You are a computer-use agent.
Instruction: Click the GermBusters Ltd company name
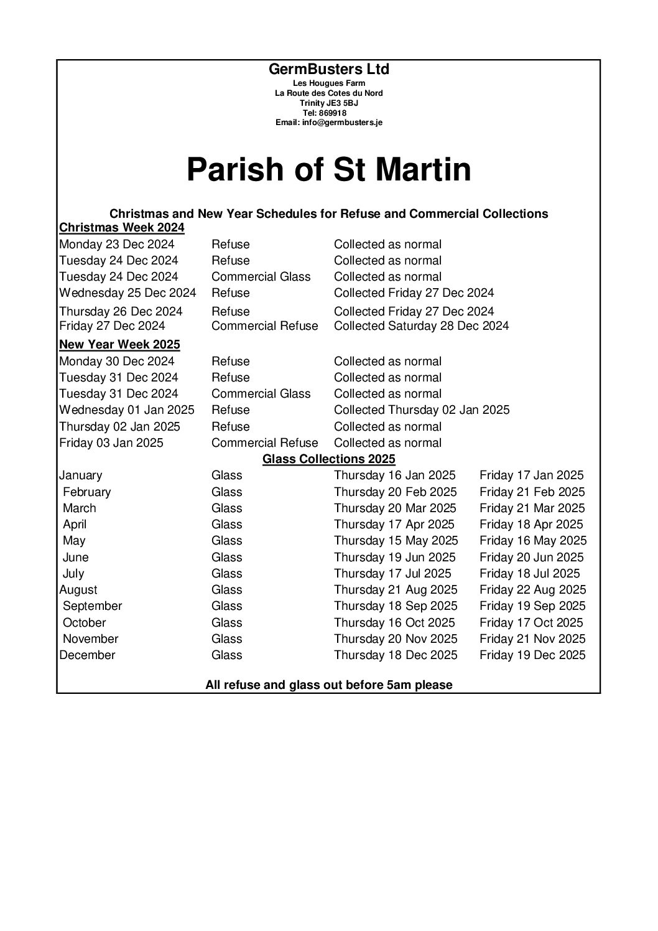tap(328, 69)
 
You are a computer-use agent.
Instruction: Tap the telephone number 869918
tap(328, 113)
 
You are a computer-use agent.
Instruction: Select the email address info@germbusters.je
tap(328, 123)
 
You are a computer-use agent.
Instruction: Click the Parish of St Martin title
tap(328, 169)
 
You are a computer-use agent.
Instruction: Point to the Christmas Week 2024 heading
tap(122, 227)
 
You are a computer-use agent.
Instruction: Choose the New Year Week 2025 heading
tap(119, 344)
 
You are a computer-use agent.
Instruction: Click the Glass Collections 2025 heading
tap(328, 459)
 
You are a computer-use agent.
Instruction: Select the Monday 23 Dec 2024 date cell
tap(117, 244)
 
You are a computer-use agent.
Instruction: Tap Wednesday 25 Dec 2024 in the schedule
tap(127, 292)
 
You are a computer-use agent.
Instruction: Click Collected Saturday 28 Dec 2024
tap(421, 325)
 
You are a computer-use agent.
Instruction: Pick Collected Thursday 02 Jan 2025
tap(421, 409)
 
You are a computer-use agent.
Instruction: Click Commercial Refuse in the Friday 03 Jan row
tap(264, 442)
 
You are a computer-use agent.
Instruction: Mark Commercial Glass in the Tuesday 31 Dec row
tap(261, 393)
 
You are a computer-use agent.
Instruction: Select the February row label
tap(86, 492)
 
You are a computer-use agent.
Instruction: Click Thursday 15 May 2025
tap(396, 540)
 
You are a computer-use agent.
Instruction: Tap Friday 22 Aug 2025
tap(532, 589)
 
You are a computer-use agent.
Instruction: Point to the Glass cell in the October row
tap(226, 622)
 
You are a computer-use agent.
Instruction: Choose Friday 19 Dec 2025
tap(532, 655)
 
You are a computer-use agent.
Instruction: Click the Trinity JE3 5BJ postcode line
tap(328, 103)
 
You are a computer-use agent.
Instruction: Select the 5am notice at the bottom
tap(328, 685)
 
